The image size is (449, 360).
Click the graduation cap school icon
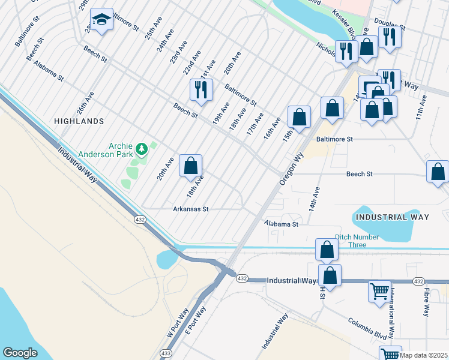pyautogui.click(x=101, y=20)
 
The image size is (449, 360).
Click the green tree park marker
pyautogui.click(x=142, y=148)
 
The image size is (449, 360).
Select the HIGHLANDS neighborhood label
pyautogui.click(x=79, y=121)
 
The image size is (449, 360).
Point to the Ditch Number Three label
pyautogui.click(x=357, y=237)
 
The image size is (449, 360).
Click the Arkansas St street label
pyautogui.click(x=190, y=209)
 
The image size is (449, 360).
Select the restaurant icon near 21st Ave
pyautogui.click(x=199, y=89)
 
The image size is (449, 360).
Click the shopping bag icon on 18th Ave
pyautogui.click(x=190, y=166)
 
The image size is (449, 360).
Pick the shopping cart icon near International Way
pyautogui.click(x=379, y=292)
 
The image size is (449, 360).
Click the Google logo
pyautogui.click(x=20, y=353)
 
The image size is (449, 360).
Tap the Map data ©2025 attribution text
pyautogui.click(x=423, y=355)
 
